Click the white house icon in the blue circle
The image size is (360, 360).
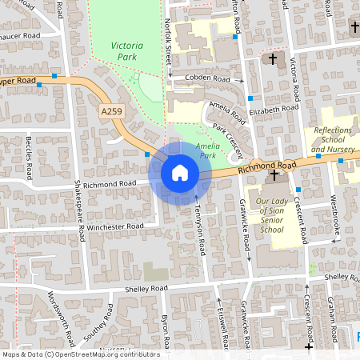coord(179,172)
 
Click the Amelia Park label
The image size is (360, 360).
coord(207,150)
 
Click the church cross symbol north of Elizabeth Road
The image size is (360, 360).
coord(272,58)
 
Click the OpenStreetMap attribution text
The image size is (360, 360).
coord(80,354)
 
